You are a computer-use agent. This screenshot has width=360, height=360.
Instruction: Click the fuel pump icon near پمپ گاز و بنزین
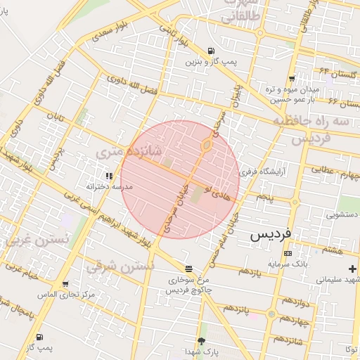212,51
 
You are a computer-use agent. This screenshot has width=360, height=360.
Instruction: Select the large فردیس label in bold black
274,234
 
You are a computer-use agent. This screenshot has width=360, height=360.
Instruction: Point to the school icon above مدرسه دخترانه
108,175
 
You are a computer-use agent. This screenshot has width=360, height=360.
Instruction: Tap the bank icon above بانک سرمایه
287,253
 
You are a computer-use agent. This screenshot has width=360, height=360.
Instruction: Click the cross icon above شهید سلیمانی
352,269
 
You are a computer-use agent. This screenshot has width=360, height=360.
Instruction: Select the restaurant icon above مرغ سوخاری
188,269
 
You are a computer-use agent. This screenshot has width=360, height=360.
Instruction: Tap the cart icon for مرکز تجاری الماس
65,285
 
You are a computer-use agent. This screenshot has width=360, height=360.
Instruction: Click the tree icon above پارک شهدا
202,340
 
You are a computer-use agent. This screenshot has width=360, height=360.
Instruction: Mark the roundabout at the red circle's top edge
206,146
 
